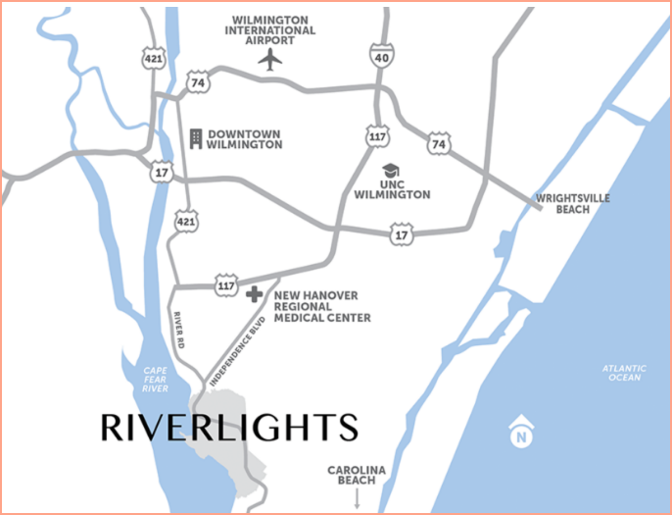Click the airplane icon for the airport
[x=270, y=59]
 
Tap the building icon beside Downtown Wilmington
[x=195, y=138]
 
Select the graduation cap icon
[x=391, y=171]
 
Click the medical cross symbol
[x=255, y=293]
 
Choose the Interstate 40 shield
[x=380, y=58]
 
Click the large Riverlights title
[x=229, y=428]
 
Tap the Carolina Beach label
[x=357, y=476]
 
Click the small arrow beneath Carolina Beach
[x=357, y=498]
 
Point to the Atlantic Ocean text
[x=624, y=373]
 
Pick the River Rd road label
[x=179, y=330]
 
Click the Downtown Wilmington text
[x=244, y=138]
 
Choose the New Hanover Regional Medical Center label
[x=322, y=305]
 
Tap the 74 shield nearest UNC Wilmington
[x=438, y=144]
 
